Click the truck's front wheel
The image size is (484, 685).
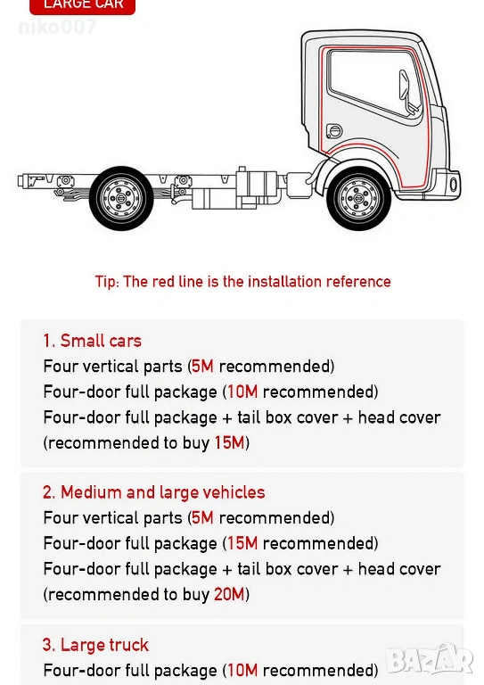(358, 198)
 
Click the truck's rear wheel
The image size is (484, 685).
(121, 198)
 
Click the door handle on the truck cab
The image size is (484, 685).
(335, 130)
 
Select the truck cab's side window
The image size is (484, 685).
(374, 82)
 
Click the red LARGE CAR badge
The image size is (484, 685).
(83, 5)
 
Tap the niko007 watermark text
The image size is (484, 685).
(57, 27)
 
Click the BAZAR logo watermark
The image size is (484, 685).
(430, 659)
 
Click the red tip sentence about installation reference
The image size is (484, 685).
(242, 282)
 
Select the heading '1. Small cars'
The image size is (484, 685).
(92, 341)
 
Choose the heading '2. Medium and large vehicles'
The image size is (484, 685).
(153, 492)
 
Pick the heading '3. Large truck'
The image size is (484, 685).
(95, 645)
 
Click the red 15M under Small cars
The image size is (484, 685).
(229, 443)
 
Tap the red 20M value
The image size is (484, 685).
(229, 595)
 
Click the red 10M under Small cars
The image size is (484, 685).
(242, 392)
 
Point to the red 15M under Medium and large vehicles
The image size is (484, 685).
(242, 543)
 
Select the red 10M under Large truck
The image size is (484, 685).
(242, 670)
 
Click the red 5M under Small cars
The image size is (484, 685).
(203, 366)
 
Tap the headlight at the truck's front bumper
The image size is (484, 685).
(454, 185)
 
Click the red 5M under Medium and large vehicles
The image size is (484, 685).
(203, 517)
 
